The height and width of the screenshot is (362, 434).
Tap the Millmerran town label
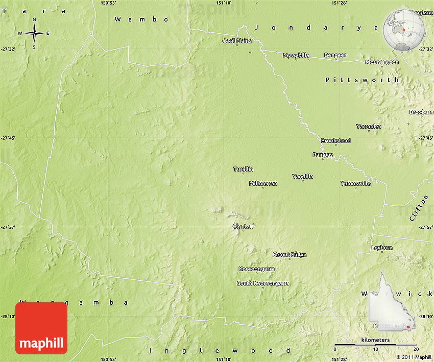(263, 183)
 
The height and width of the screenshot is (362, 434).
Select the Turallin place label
(243, 169)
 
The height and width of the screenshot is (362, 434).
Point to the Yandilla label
(302, 176)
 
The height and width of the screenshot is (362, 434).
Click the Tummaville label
(355, 183)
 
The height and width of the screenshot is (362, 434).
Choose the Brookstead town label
(335, 140)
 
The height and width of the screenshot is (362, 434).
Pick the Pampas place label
(323, 154)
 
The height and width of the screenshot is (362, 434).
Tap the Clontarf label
(243, 226)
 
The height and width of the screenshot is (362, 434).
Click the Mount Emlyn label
(290, 255)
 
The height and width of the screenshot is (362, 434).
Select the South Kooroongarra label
(263, 283)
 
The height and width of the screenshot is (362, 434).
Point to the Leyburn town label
(381, 248)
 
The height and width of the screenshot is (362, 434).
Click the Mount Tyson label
(382, 62)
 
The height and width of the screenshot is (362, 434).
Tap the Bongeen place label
(335, 55)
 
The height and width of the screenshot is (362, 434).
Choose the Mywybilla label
(296, 55)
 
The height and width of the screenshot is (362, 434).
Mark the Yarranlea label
(369, 126)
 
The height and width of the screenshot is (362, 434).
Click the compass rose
(34, 34)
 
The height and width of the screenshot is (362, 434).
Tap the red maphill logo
(41, 328)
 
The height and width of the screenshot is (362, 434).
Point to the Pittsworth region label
(362, 80)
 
